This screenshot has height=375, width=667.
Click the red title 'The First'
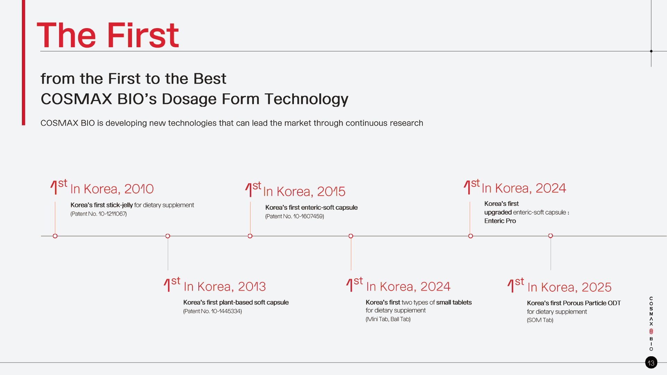108,35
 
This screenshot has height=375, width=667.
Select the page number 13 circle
651,362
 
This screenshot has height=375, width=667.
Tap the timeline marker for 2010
55,236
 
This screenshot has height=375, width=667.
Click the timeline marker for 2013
168,236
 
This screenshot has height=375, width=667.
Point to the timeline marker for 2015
250,236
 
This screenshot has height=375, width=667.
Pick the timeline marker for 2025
551,236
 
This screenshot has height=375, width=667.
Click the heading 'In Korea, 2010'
112,189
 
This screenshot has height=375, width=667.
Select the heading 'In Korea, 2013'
224,286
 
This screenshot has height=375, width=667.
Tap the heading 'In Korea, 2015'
304,191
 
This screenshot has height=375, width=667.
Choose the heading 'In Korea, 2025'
569,287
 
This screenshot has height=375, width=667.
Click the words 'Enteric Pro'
500,221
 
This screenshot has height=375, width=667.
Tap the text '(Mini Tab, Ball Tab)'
388,319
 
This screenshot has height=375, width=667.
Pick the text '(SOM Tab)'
540,320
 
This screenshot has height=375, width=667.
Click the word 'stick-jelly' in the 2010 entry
120,205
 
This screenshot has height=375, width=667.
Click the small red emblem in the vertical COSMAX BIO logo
651,332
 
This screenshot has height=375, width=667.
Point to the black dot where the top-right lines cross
651,51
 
